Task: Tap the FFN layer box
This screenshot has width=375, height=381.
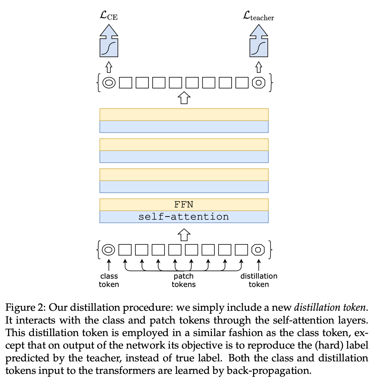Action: point(184,205)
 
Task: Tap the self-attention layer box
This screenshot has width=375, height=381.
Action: point(184,217)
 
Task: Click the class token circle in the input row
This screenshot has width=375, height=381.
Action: point(109,249)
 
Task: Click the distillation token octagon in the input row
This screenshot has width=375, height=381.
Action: point(258,249)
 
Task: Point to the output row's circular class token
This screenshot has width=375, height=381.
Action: point(109,82)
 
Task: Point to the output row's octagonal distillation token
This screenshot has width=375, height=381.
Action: point(258,82)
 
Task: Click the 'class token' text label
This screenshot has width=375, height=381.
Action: point(109,280)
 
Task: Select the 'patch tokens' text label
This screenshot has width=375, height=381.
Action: point(184,280)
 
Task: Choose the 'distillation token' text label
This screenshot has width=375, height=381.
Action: point(259,280)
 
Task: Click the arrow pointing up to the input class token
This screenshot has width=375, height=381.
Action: point(109,264)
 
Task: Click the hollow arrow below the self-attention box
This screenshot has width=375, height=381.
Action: point(184,235)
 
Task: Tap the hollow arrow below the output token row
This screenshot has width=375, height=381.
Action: point(184,98)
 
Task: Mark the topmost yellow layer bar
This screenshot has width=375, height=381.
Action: point(184,115)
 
